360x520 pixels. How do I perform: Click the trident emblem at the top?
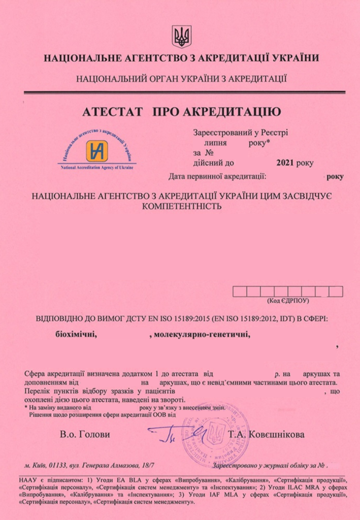pos(180,36)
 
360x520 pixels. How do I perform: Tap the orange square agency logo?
pos(95,150)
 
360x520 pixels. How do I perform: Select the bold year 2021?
pos(287,163)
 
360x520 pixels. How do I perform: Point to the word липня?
pos(215,143)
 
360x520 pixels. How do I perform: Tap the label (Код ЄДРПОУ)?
pos(288,301)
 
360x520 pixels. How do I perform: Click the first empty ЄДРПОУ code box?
pos(240,291)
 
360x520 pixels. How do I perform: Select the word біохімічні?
pos(76,335)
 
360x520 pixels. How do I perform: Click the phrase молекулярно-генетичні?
pos(203,335)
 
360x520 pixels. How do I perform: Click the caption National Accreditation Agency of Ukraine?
pos(96,168)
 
